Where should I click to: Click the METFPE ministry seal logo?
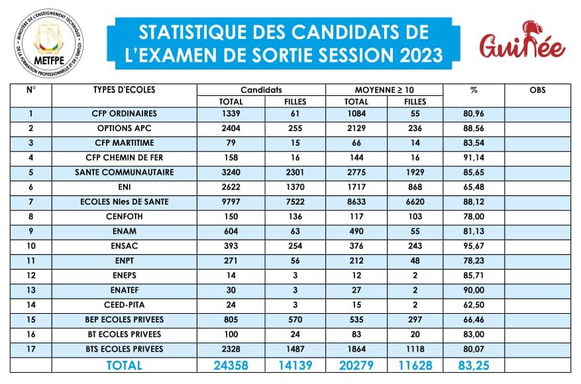click(48, 43)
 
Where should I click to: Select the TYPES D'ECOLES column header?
click(124, 89)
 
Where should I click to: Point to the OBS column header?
click(537, 89)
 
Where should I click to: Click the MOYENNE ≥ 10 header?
click(384, 90)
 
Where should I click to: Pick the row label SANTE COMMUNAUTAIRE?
click(124, 172)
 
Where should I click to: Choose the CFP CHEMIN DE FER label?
click(124, 158)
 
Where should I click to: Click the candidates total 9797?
click(231, 202)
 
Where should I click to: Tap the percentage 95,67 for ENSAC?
click(474, 246)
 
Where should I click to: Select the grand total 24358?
click(231, 365)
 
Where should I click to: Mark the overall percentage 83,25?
click(474, 365)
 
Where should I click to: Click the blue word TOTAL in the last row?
click(124, 365)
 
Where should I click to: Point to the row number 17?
click(31, 349)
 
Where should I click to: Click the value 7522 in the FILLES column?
click(295, 202)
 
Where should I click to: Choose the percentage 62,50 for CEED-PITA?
click(474, 305)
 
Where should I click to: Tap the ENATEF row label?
click(124, 290)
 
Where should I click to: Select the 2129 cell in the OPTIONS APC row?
click(356, 128)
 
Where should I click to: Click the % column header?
click(474, 90)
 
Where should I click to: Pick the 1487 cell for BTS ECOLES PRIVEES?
click(295, 349)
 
